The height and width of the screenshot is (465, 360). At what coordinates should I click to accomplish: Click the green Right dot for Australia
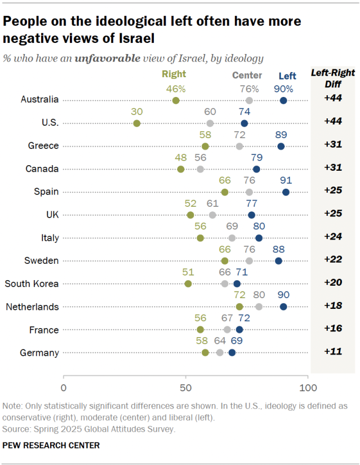[x=176, y=100]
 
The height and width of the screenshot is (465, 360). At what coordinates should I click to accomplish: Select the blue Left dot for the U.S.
[x=245, y=123]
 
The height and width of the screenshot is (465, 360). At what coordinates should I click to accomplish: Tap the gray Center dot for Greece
[x=239, y=147]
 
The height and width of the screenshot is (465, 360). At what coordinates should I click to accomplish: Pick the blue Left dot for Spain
[x=286, y=192]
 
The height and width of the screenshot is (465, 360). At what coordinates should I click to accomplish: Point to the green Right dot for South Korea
[x=188, y=284]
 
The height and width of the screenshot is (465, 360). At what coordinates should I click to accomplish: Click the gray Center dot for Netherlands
[x=259, y=307]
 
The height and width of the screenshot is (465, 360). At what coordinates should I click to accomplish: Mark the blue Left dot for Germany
[x=232, y=353]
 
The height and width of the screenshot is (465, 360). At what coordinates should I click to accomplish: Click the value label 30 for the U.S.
[x=136, y=112]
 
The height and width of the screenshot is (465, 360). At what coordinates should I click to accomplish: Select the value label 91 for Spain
[x=286, y=180]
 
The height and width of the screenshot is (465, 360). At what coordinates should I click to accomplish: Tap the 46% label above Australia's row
[x=176, y=88]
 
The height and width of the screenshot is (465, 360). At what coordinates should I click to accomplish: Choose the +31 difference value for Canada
[x=334, y=169]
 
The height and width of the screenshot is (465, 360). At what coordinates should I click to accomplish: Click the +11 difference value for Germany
[x=334, y=352]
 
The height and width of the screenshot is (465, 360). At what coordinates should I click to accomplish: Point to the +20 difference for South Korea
[x=334, y=284]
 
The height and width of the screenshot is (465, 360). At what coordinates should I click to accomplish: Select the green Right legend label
[x=174, y=74]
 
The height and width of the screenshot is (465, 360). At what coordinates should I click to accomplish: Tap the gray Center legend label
[x=247, y=76]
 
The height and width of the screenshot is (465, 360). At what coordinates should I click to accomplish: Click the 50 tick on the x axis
[x=186, y=388]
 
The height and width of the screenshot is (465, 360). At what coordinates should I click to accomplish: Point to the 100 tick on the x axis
[x=308, y=388]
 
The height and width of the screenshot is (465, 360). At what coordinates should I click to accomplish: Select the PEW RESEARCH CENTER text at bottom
[x=51, y=446]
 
